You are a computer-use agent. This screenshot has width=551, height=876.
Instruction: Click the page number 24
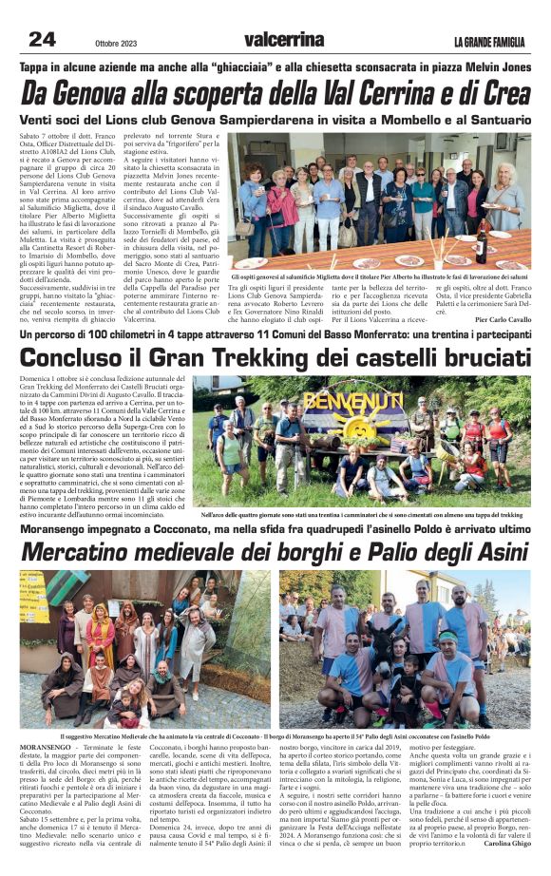[43, 39]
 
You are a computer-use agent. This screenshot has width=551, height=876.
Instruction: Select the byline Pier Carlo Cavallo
[503, 319]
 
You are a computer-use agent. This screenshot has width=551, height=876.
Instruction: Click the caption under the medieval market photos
[275, 736]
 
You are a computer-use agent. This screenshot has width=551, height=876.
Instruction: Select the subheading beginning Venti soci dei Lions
[275, 121]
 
